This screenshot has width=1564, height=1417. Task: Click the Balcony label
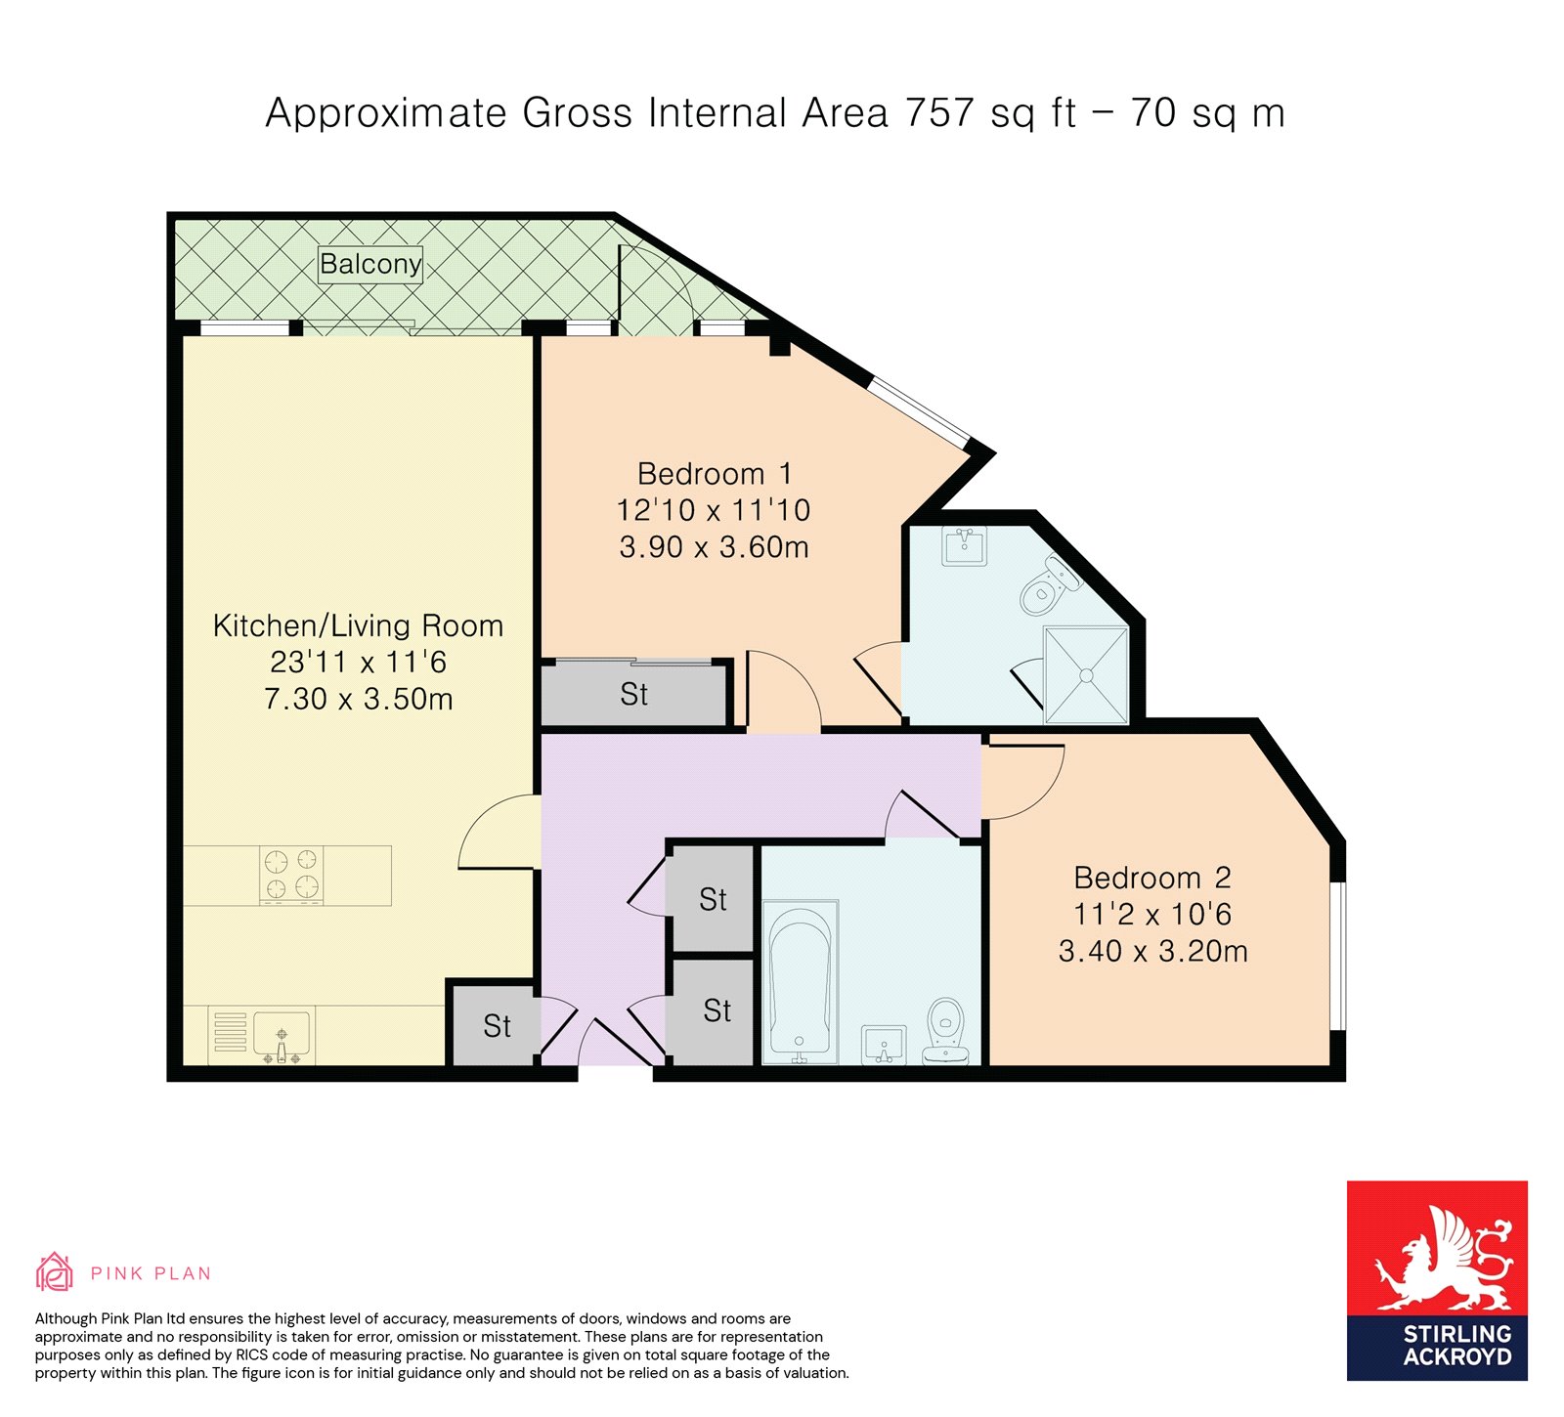[370, 264]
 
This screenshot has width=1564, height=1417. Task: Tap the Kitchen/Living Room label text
[358, 625]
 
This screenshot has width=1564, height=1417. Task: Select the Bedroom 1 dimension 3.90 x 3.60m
[715, 547]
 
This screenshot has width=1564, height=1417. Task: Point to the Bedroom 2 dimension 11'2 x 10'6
[1152, 915]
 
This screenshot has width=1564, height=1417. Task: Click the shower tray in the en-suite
[1086, 675]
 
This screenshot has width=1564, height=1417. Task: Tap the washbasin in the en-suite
[965, 545]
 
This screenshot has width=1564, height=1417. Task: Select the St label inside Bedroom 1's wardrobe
[633, 695]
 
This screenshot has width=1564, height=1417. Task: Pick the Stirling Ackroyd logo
[1437, 1280]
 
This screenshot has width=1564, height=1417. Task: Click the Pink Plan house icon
[55, 1271]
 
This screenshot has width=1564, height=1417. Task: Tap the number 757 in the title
[939, 113]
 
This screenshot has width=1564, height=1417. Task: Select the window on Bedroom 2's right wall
[1337, 956]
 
